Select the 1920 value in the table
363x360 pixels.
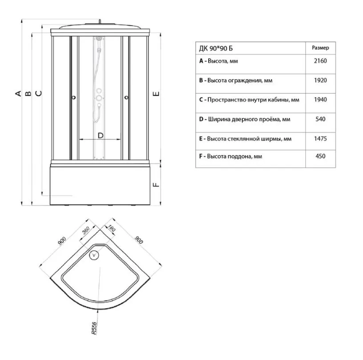pos(320,81)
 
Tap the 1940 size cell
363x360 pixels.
pos(320,100)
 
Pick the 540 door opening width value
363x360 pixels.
pos(320,119)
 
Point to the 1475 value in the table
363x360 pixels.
pos(320,138)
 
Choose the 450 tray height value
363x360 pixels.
pos(320,156)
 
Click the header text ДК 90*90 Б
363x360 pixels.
pos(216,49)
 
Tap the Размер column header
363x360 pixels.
pos(320,48)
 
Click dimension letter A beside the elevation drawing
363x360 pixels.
pos(18,93)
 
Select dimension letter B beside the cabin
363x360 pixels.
pos(28,93)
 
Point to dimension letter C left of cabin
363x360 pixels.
pos(39,93)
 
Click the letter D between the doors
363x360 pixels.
pos(101,135)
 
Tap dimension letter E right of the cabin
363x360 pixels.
pos(156,93)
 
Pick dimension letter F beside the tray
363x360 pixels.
pos(156,185)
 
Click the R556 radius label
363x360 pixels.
pos(94,328)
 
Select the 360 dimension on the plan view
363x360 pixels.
pos(86,231)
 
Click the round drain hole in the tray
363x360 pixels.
pos(94,255)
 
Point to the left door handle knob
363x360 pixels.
pos(74,97)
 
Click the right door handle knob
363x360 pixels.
pos(126,97)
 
